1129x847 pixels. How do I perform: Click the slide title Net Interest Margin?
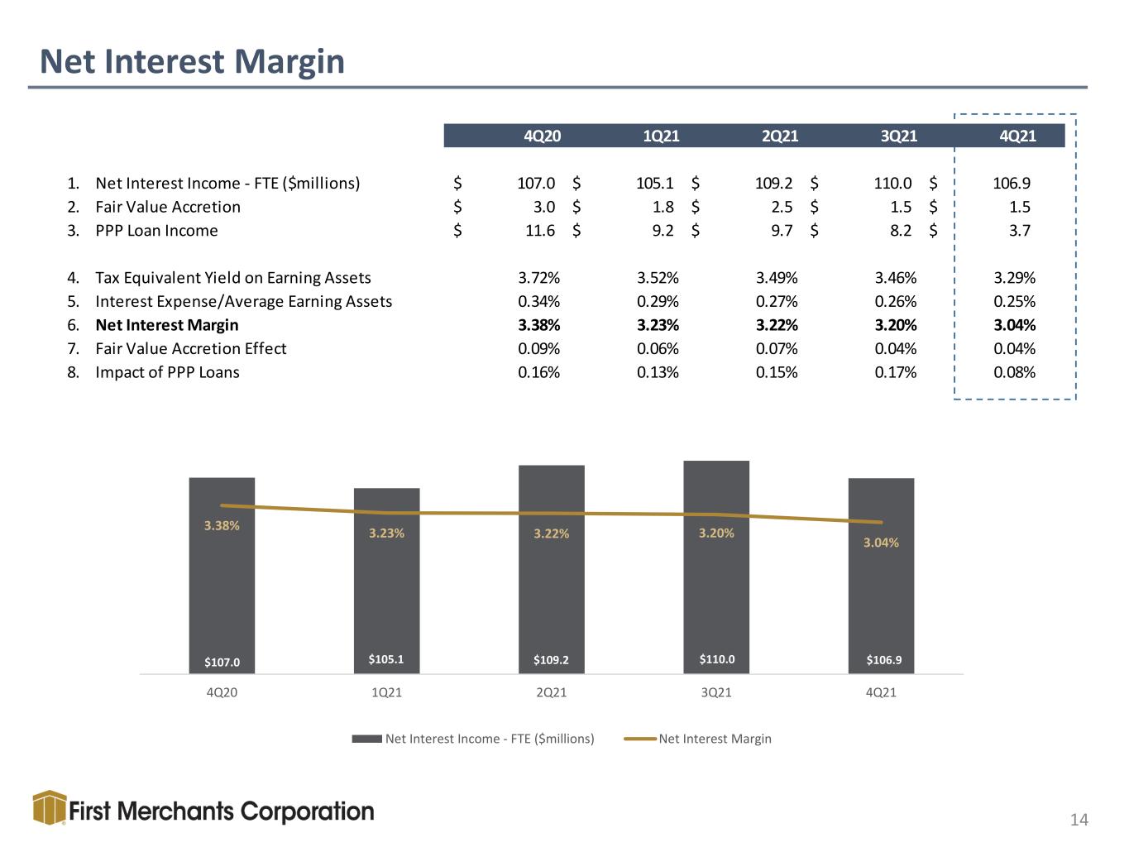pyautogui.click(x=192, y=62)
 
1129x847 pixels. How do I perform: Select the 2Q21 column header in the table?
pyautogui.click(x=780, y=136)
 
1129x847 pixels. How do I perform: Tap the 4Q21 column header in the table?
pyautogui.click(x=1017, y=136)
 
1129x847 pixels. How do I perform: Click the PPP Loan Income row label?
pyautogui.click(x=156, y=231)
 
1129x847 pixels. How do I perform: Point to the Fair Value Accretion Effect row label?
pyautogui.click(x=191, y=349)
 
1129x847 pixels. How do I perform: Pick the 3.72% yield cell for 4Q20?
pyautogui.click(x=538, y=278)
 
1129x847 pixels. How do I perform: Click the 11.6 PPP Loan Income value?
pyautogui.click(x=540, y=231)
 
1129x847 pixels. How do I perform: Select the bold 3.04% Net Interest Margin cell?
pyautogui.click(x=1014, y=325)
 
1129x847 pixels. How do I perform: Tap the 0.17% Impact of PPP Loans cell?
pyautogui.click(x=896, y=372)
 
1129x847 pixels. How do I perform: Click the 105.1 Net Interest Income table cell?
pyautogui.click(x=655, y=183)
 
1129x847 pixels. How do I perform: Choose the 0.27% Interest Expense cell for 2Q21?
pyautogui.click(x=777, y=301)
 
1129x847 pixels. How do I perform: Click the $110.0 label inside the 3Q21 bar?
pyautogui.click(x=716, y=659)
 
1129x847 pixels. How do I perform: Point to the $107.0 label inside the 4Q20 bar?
pyautogui.click(x=222, y=662)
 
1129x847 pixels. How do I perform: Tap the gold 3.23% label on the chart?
pyautogui.click(x=386, y=534)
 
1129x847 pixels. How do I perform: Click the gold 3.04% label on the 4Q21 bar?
pyautogui.click(x=881, y=543)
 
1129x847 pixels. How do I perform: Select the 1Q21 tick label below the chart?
pyautogui.click(x=386, y=692)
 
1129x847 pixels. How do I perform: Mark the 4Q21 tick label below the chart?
pyautogui.click(x=881, y=692)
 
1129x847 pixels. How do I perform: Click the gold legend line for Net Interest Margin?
pyautogui.click(x=640, y=739)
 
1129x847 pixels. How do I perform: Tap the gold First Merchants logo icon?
pyautogui.click(x=50, y=807)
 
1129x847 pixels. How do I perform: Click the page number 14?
pyautogui.click(x=1079, y=820)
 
